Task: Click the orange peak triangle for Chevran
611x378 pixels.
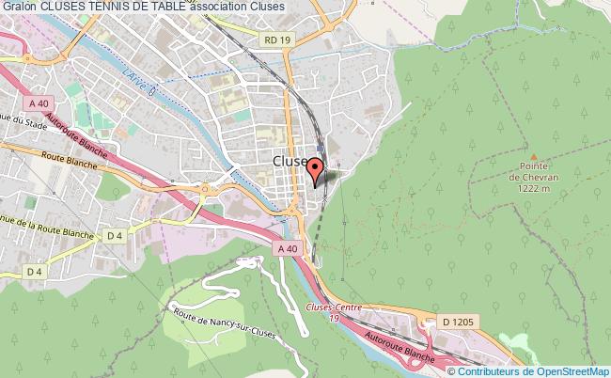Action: pyautogui.click(x=533, y=157)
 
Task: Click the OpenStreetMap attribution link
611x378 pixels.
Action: pyautogui.click(x=559, y=370)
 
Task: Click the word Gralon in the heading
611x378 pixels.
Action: pyautogui.click(x=20, y=8)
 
